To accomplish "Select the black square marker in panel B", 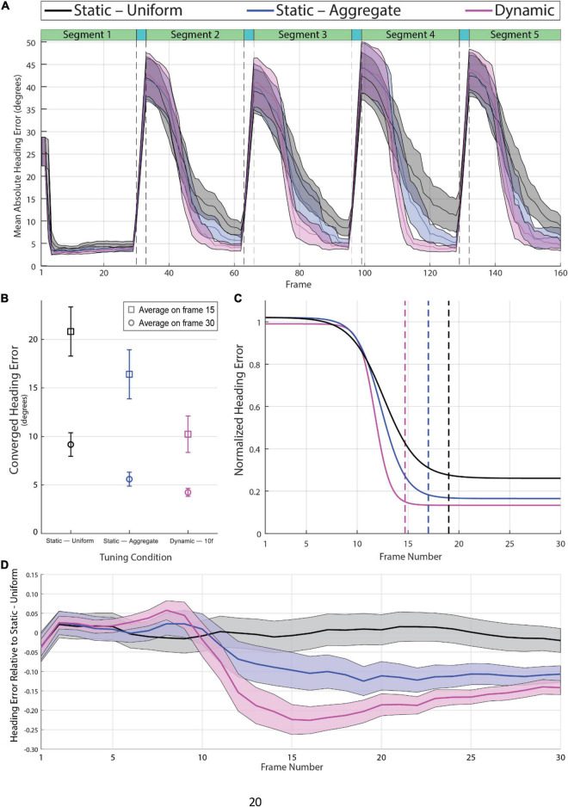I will pos(71,331).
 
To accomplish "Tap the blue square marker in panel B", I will pos(129,374).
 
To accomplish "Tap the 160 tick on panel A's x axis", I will pos(559,272).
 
